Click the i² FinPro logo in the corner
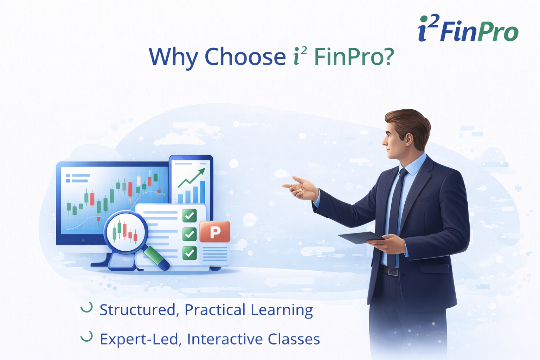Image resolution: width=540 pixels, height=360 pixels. [x=468, y=29]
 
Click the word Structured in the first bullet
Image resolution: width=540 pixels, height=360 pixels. [x=137, y=310]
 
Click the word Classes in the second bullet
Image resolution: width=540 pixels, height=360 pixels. [x=294, y=339]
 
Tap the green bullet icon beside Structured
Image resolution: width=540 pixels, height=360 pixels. [x=86, y=307]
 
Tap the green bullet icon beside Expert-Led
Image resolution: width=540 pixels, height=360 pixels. [x=86, y=336]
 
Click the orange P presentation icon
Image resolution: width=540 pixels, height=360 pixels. [x=215, y=232]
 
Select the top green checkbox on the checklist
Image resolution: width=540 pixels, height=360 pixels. [x=189, y=215]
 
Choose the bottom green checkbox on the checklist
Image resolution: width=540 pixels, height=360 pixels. [x=189, y=252]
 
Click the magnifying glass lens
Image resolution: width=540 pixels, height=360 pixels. [x=125, y=232]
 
